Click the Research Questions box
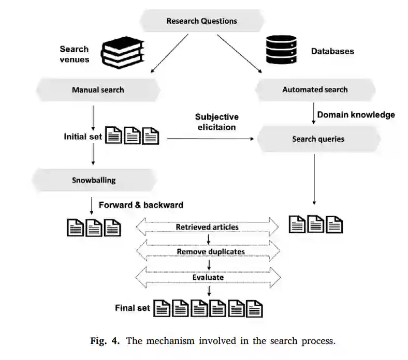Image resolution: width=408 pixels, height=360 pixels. (x=201, y=21)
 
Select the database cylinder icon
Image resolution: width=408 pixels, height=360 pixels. (x=280, y=51)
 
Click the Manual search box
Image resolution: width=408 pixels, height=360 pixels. (x=98, y=89)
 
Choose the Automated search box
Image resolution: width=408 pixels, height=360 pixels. (x=315, y=89)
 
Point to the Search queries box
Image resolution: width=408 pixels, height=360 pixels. (x=318, y=139)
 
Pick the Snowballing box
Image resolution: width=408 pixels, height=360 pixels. (x=94, y=181)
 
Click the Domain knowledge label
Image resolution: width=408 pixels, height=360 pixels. (x=356, y=114)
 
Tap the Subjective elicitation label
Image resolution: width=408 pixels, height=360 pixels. (x=216, y=122)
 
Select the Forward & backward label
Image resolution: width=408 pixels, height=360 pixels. (x=141, y=205)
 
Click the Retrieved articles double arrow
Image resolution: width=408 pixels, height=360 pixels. (x=207, y=227)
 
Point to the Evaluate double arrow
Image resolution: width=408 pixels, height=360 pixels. (x=207, y=277)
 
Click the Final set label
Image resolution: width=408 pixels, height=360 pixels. (x=133, y=308)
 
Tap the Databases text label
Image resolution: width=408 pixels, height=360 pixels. (x=332, y=51)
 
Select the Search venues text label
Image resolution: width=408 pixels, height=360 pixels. (x=74, y=54)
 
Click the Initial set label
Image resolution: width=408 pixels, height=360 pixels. (x=83, y=137)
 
